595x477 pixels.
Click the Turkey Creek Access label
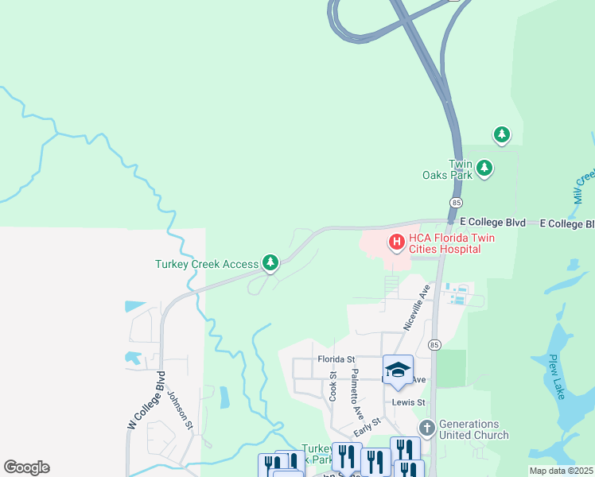point(208,264)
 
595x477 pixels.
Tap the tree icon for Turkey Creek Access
point(270,262)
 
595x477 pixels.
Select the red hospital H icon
point(395,241)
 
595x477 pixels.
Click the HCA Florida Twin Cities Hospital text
point(445,243)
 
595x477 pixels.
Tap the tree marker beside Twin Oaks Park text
point(484,168)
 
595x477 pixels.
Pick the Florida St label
point(336,359)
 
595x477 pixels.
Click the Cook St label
point(334,385)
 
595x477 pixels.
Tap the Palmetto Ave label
point(357,394)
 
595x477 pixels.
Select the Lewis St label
point(409,402)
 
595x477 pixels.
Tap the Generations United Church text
point(474,429)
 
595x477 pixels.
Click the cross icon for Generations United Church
point(427,429)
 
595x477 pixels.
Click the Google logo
point(26,467)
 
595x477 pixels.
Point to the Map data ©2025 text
point(561,471)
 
